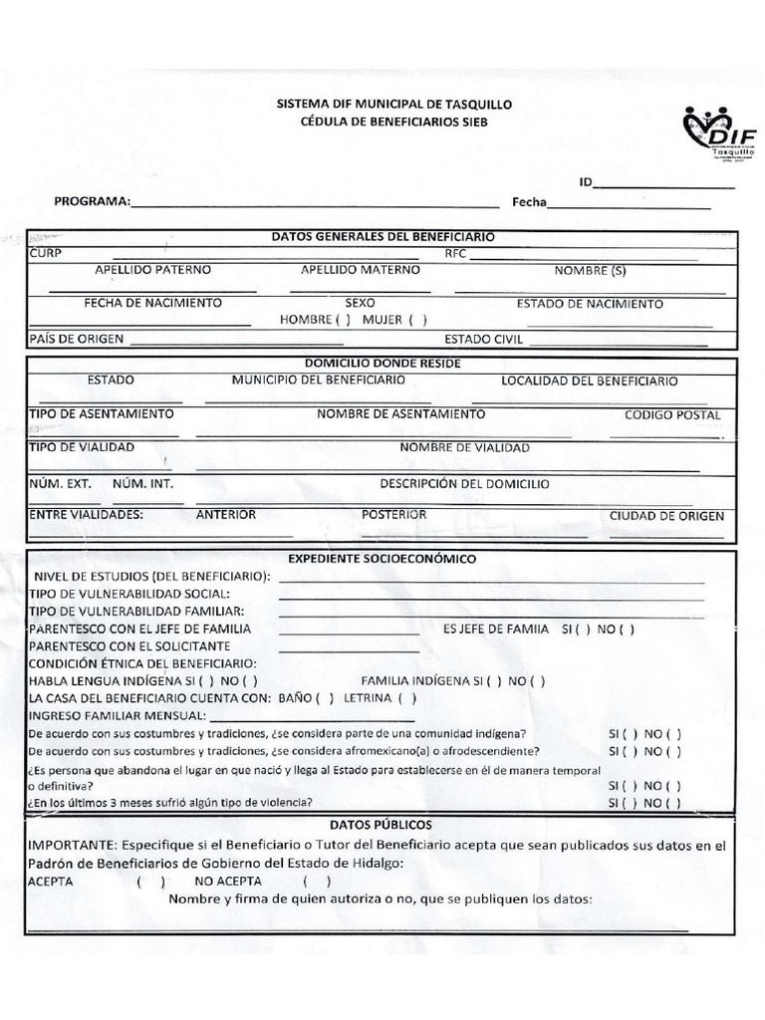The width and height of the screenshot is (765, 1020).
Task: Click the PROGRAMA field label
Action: pos(92,201)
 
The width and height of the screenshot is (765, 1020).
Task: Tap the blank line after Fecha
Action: pos(630,204)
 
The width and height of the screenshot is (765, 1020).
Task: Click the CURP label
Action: pos(46,253)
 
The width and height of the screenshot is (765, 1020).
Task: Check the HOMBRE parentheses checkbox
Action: pos(343,320)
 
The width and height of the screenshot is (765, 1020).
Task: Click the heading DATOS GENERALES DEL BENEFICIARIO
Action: pos(383,237)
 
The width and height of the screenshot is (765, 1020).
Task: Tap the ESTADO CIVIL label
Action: pos(483,339)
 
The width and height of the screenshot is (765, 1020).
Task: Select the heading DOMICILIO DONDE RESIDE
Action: pos(382,364)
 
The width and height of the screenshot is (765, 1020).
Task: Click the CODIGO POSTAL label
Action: pos(672,414)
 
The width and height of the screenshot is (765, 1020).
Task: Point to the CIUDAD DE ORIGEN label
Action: pos(666,516)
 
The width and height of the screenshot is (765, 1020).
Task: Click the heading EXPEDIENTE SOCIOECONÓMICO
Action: pos(382,560)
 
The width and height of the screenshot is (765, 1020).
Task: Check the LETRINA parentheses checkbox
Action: pos(406,697)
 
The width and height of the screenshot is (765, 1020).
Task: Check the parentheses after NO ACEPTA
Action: pos(317,882)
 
